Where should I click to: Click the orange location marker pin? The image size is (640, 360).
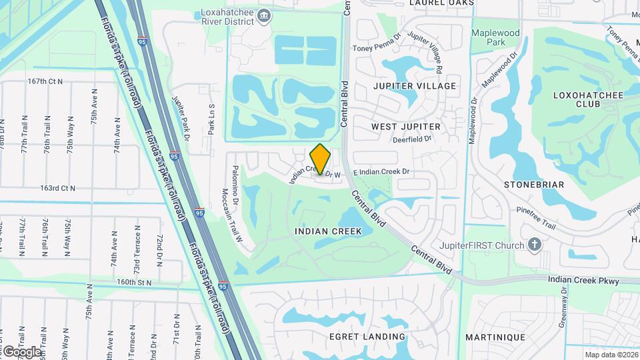321,159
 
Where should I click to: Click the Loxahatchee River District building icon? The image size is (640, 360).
264,15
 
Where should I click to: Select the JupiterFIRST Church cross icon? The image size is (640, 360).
534,245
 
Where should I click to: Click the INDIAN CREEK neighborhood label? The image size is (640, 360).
328,231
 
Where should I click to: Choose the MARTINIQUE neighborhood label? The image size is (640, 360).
495,337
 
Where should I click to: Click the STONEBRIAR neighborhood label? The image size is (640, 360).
534,185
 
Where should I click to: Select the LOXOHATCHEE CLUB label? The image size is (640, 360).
588,100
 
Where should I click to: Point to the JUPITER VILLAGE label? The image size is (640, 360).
415,86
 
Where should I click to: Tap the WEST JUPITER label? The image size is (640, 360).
406,127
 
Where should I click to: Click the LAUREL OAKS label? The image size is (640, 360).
441,3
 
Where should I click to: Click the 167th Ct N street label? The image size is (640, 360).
45,81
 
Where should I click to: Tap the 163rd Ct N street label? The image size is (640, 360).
57,189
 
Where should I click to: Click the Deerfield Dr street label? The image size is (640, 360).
413,139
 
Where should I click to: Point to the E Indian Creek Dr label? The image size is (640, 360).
381,171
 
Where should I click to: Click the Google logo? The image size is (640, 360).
21,351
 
